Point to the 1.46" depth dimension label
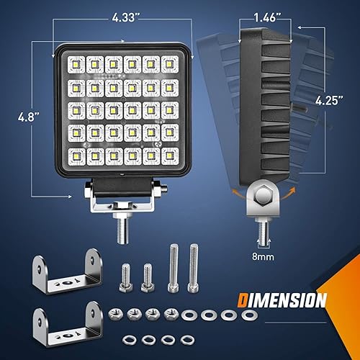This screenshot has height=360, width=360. pyautogui.click(x=268, y=14)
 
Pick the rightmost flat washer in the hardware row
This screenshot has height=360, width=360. pyautogui.click(x=250, y=315)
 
